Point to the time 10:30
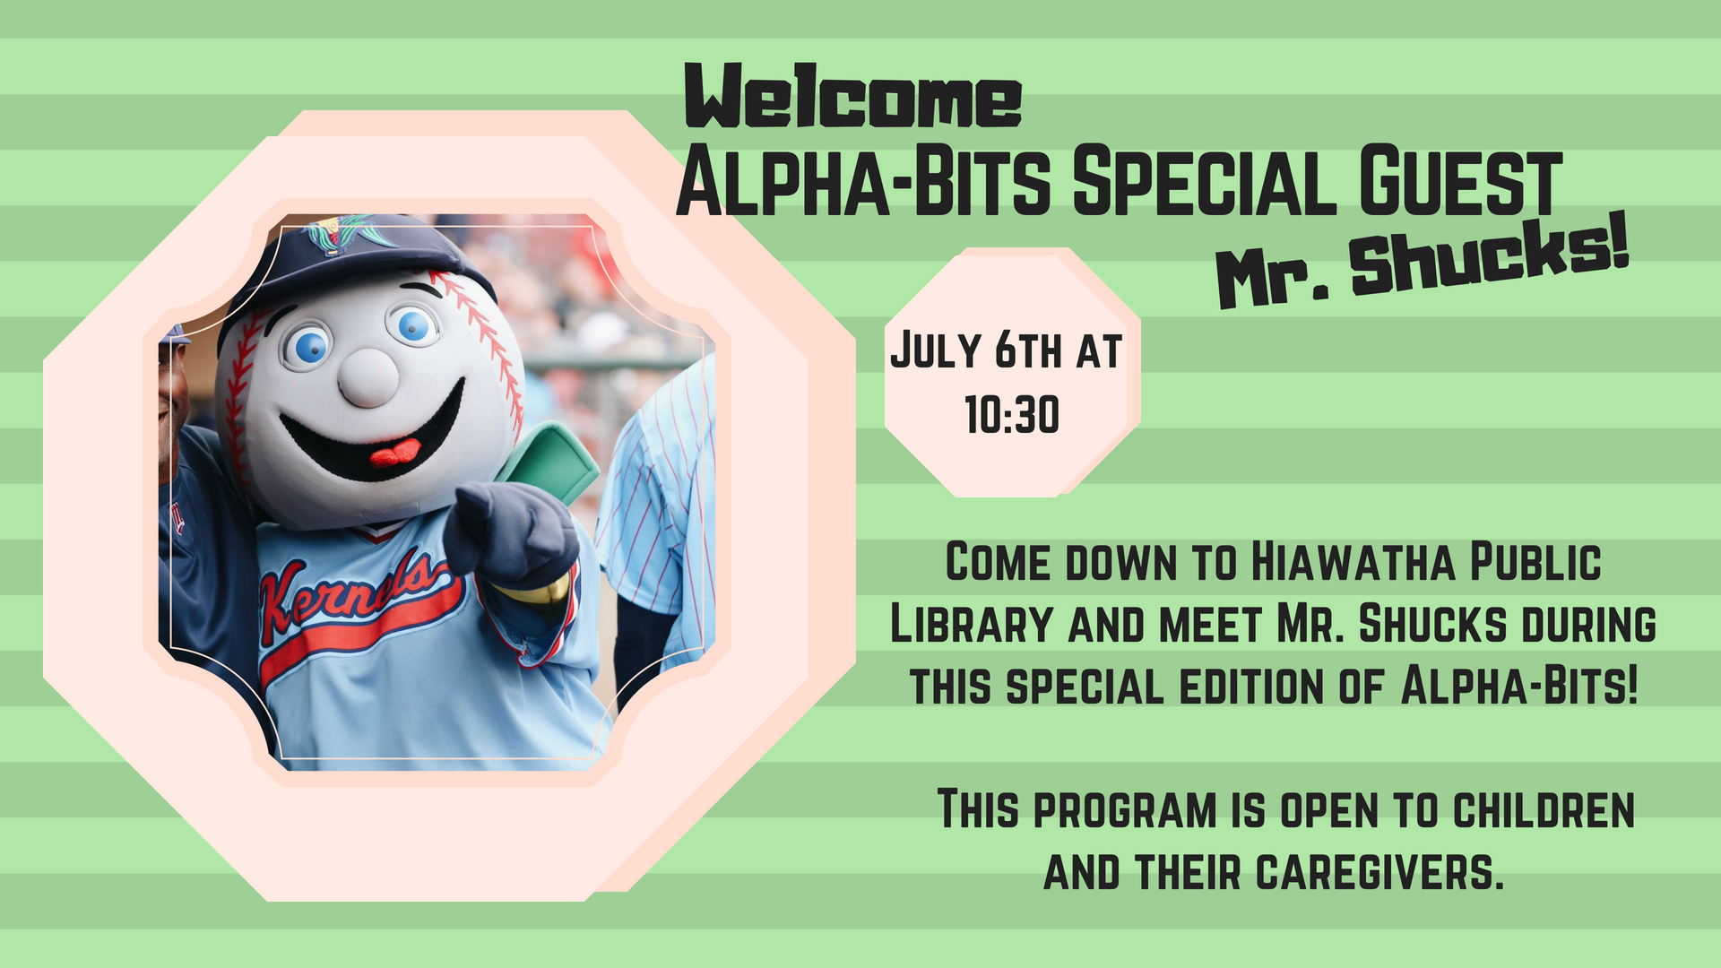coord(1012,415)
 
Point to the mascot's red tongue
coord(394,453)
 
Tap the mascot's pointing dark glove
coord(509,533)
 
